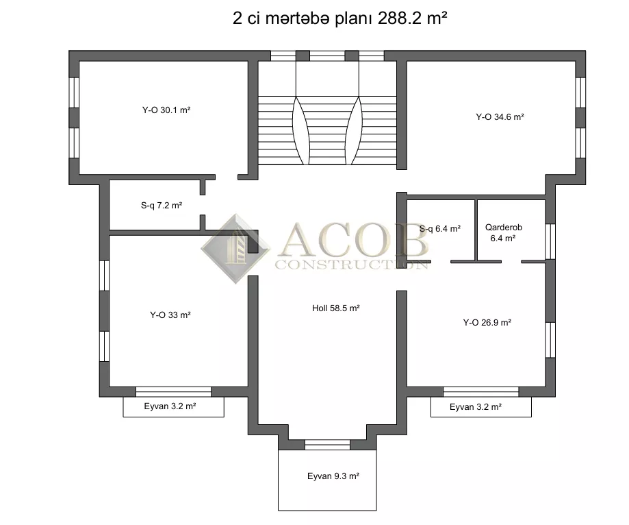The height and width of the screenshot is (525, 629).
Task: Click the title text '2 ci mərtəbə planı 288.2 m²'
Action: [339, 18]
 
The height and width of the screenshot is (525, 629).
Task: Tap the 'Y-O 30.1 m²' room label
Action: [166, 110]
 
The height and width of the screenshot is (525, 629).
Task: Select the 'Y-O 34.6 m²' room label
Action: [500, 117]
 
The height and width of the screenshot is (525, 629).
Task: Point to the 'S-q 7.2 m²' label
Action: [162, 206]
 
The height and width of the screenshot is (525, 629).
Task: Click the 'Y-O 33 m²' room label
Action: [170, 315]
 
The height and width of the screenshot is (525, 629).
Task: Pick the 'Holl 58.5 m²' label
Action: [336, 308]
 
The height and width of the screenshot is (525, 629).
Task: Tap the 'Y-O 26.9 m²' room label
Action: [487, 323]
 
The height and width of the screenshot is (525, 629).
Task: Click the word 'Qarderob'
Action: [504, 228]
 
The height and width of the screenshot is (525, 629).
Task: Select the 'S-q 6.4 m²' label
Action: [439, 229]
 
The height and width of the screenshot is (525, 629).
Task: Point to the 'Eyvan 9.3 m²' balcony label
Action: [333, 476]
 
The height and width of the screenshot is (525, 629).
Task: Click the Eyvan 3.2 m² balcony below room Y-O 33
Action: [173, 407]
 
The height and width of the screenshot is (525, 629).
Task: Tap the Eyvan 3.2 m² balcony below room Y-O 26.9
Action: [481, 407]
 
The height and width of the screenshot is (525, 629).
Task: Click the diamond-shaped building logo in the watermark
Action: [236, 249]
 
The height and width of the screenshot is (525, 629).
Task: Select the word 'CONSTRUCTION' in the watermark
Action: [351, 265]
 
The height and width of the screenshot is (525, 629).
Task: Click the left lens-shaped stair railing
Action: [301, 130]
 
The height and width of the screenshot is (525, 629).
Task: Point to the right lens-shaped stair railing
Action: [355, 130]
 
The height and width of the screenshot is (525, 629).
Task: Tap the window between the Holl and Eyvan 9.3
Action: [327, 444]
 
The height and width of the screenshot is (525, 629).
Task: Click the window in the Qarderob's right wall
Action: [550, 241]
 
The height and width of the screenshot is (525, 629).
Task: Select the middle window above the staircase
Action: [327, 56]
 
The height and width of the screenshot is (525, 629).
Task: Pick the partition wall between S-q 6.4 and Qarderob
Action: [476, 230]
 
